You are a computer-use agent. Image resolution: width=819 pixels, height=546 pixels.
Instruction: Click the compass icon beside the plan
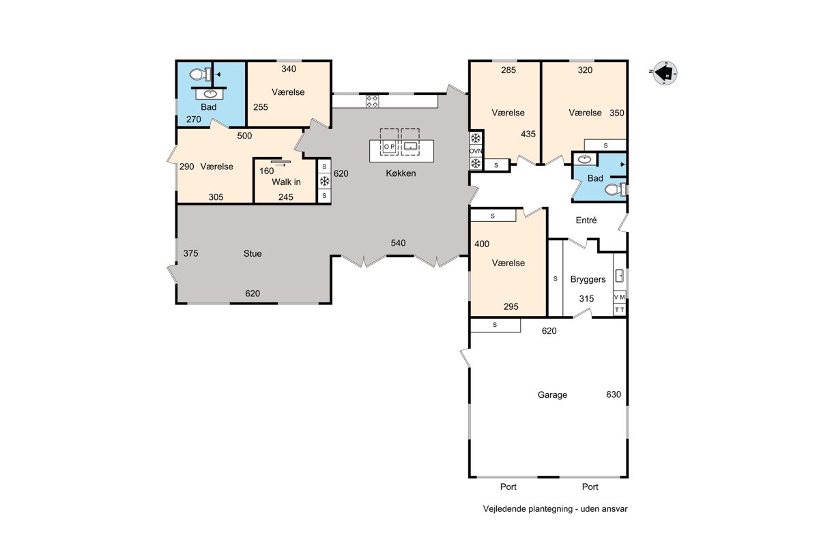pyautogui.click(x=665, y=73)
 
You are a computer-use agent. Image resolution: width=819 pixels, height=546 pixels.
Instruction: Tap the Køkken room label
pyautogui.click(x=401, y=173)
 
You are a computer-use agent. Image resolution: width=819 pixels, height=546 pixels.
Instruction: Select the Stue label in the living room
pyautogui.click(x=253, y=253)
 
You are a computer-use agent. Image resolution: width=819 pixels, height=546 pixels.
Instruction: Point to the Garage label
pyautogui.click(x=552, y=395)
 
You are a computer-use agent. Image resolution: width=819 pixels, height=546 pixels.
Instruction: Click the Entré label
pyautogui.click(x=586, y=220)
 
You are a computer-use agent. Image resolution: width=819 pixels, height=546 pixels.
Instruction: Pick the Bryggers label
pyautogui.click(x=588, y=280)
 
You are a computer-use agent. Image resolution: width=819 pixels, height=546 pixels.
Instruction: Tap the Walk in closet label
pyautogui.click(x=286, y=182)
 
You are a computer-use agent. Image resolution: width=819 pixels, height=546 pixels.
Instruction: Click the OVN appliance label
pyautogui.click(x=476, y=151)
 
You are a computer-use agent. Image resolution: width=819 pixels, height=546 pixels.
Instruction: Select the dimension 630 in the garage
pyautogui.click(x=614, y=394)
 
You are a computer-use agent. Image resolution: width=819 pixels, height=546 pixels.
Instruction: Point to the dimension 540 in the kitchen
pyautogui.click(x=398, y=243)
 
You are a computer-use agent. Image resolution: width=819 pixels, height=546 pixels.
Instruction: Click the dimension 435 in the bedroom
pyautogui.click(x=528, y=134)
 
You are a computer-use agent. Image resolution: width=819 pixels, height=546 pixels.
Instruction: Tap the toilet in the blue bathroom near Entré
pyautogui.click(x=615, y=190)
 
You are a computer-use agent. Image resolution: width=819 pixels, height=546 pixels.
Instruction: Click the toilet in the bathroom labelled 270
pyautogui.click(x=200, y=74)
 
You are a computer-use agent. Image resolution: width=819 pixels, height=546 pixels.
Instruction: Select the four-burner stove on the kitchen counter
pyautogui.click(x=372, y=101)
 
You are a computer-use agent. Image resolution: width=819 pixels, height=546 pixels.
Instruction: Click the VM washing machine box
pyautogui.click(x=620, y=298)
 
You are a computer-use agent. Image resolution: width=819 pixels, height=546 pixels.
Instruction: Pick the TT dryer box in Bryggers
pyautogui.click(x=620, y=310)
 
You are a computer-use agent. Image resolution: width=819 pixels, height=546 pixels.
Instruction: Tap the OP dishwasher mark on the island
pyautogui.click(x=389, y=147)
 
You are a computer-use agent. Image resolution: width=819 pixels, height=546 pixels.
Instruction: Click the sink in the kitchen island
pyautogui.click(x=410, y=146)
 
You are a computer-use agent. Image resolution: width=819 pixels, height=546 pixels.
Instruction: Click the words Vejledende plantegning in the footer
pyautogui.click(x=528, y=509)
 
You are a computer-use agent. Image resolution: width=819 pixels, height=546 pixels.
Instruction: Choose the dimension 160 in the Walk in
pyautogui.click(x=267, y=171)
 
